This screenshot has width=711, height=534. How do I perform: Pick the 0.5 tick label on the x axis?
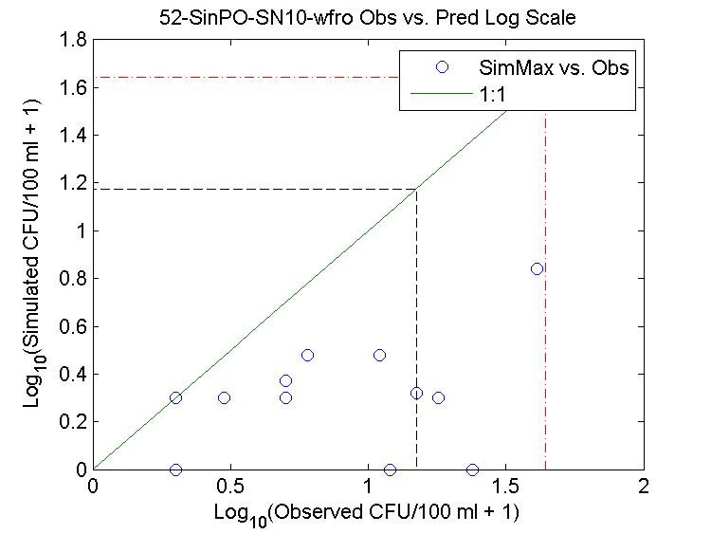230,486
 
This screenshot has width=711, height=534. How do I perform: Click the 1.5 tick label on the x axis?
506,486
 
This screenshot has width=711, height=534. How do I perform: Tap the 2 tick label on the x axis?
644,486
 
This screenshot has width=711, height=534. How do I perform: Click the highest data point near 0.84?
537,268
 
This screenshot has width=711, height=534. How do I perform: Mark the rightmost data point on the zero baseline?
472,470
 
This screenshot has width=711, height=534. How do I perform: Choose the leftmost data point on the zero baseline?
175,470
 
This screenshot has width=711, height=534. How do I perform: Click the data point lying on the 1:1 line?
175,397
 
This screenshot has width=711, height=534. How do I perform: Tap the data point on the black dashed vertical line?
416,393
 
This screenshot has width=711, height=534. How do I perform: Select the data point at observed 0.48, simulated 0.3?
224,397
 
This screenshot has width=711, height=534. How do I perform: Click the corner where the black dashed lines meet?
417,189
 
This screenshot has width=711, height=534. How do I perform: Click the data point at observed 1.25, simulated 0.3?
438,397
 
